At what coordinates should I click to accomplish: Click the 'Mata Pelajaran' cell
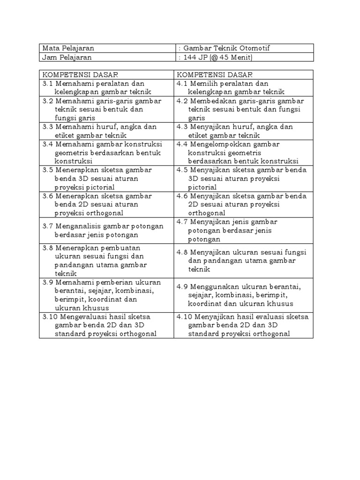[x=68, y=48]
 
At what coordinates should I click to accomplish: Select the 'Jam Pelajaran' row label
[x=67, y=57]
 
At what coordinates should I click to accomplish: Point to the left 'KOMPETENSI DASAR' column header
[x=80, y=75]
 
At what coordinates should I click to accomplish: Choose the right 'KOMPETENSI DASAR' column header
[x=215, y=75]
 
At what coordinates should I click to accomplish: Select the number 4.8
[x=182, y=252]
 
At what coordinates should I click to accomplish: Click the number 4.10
[x=184, y=316]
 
